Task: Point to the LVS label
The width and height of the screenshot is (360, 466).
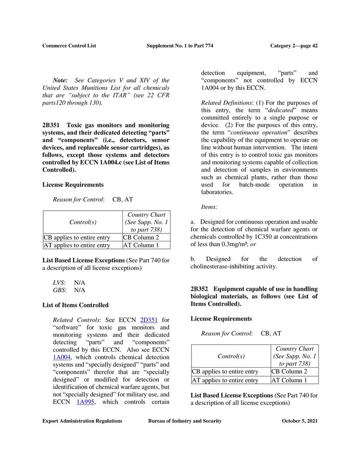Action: coord(59,282)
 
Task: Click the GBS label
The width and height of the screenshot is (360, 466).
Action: coord(59,290)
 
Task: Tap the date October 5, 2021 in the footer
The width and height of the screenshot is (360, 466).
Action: coord(299,421)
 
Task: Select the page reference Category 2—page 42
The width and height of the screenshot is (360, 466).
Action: coord(294,46)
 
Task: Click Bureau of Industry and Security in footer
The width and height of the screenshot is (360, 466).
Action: coord(185,421)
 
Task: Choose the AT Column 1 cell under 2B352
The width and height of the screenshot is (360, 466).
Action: coord(289,380)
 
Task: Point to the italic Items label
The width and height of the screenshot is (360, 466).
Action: coord(208,206)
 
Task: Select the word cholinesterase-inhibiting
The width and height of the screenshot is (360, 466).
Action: coord(221,267)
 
